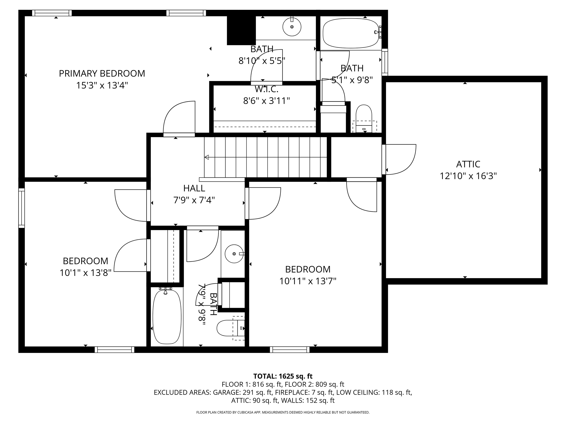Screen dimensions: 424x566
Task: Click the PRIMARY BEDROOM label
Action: [102, 74]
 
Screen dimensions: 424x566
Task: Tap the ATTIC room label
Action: [468, 164]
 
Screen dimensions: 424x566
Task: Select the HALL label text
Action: [194, 188]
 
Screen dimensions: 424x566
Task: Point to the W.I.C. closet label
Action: [266, 89]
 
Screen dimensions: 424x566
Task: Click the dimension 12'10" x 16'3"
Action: [468, 176]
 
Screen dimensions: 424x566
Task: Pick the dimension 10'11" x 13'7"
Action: [308, 281]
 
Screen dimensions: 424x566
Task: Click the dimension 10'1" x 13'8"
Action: [85, 273]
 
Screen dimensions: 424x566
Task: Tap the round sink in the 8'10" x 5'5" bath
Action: [292, 27]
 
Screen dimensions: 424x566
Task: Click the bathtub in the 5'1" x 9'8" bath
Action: [351, 34]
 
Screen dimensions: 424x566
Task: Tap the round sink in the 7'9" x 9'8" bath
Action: [234, 254]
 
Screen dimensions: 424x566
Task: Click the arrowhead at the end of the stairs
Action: [206, 157]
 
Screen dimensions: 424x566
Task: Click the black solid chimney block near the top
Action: [241, 30]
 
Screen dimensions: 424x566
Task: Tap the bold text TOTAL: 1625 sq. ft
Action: [283, 376]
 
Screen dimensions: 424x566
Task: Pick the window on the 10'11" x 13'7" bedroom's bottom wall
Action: [290, 350]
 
